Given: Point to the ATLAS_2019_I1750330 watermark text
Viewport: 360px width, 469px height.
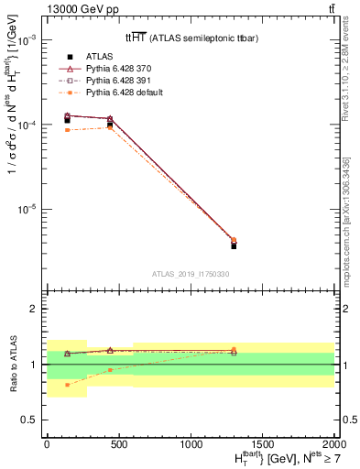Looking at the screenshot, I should [x=190, y=273].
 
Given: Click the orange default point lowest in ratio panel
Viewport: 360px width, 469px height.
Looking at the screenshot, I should [x=68, y=385].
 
